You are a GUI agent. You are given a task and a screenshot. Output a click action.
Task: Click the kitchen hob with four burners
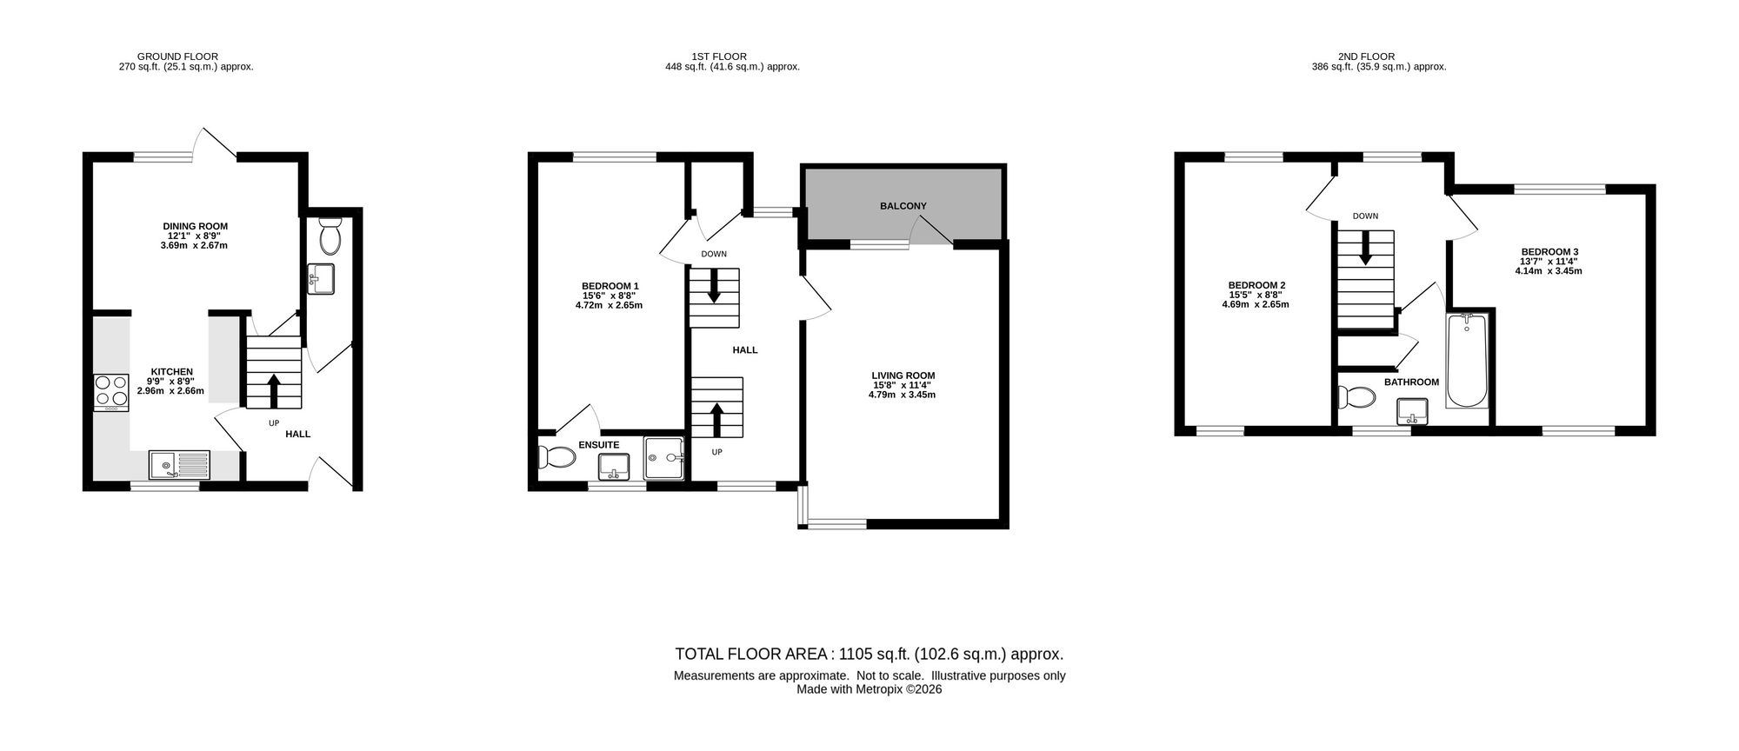pos(111,392)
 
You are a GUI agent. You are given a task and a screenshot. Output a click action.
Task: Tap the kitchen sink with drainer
pos(179,464)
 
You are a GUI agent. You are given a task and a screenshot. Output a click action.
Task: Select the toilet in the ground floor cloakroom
pos(330,235)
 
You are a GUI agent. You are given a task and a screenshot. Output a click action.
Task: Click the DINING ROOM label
pos(196,227)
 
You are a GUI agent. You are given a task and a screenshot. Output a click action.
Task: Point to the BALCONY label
pos(903,206)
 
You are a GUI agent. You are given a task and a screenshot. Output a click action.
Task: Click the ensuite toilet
pos(557,456)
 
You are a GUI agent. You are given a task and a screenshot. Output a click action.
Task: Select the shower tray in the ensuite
pos(665,458)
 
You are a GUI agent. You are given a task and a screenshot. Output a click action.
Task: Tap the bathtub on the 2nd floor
pos(1467,362)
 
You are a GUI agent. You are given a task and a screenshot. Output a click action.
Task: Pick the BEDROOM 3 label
pos(1549,252)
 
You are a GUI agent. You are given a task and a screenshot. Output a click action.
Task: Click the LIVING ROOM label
pos(904,375)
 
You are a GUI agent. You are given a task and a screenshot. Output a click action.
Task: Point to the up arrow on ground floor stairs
pos(274,390)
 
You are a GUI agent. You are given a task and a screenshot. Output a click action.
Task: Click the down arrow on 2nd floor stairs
pos(1365,247)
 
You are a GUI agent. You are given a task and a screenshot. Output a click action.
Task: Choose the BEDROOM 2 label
pos(1256,285)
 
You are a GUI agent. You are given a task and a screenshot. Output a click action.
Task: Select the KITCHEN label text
pos(172,372)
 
